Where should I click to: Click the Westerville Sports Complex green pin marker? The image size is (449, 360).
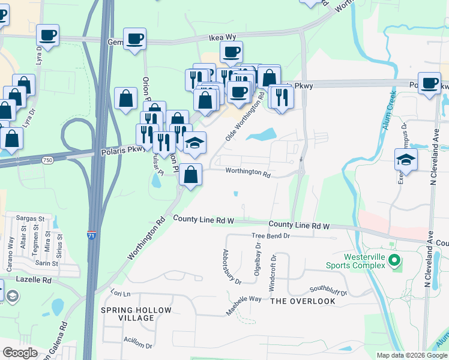click(x=394, y=260)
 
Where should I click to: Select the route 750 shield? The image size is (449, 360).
click(x=47, y=160)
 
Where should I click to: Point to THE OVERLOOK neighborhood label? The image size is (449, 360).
click(x=303, y=301)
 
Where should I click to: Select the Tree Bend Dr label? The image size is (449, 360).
click(x=271, y=236)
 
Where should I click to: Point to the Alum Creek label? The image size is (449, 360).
click(x=387, y=112)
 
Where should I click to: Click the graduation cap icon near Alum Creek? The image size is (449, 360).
click(x=406, y=160)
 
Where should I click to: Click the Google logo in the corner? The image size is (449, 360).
click(x=20, y=353)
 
